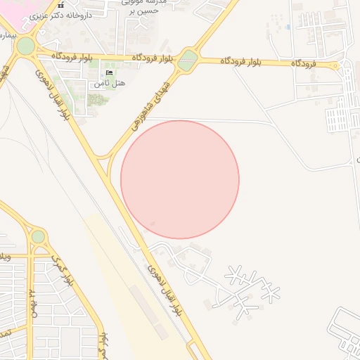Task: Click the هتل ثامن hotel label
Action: (110, 84)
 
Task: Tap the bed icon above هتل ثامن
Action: (109, 73)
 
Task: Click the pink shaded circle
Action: (180, 179)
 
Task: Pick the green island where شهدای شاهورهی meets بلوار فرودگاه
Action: (187, 60)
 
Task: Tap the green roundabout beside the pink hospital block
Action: (26, 46)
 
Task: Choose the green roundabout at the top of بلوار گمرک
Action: (38, 237)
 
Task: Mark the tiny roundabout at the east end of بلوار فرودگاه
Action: (335, 66)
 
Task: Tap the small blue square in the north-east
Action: (288, 27)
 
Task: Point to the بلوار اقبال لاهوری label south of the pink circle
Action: (167, 288)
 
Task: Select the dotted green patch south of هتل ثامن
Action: (98, 100)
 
